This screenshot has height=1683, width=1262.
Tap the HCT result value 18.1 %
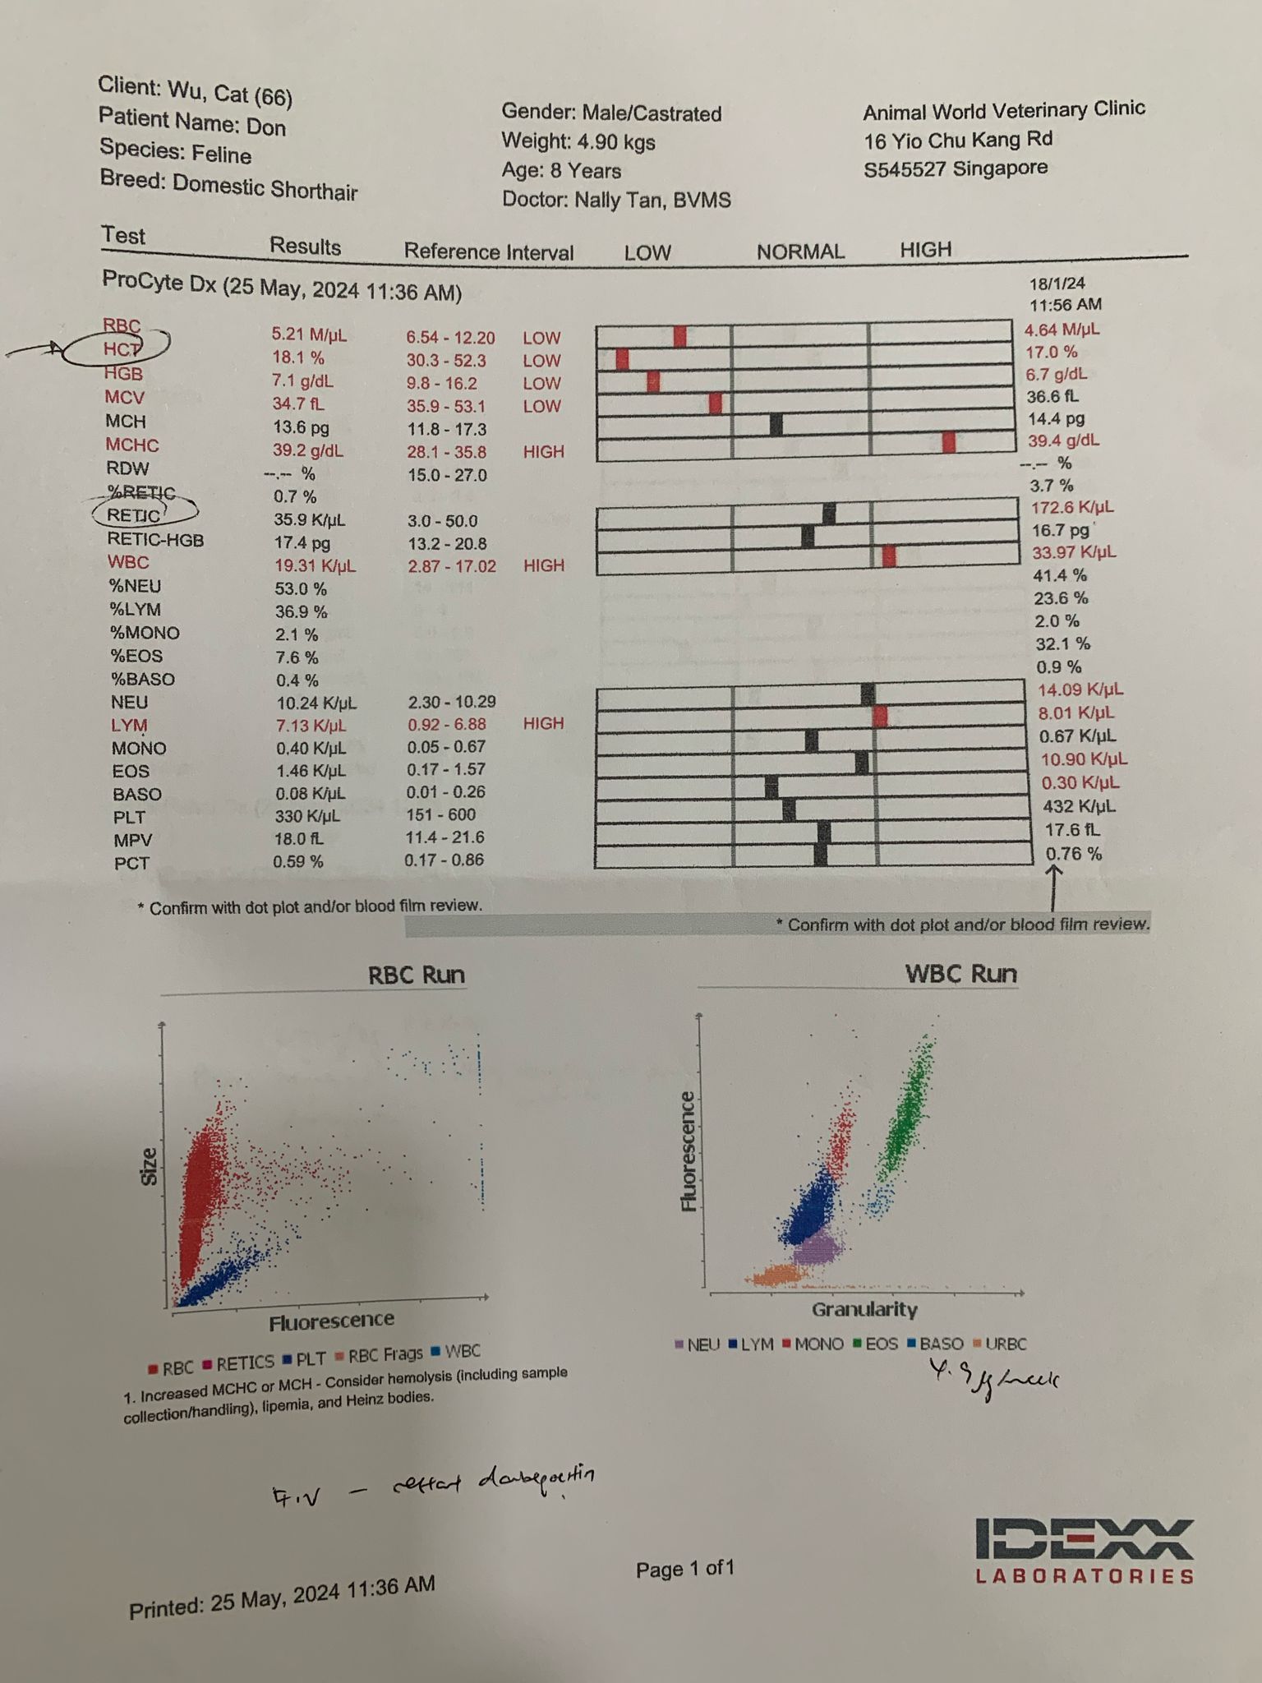click(x=298, y=357)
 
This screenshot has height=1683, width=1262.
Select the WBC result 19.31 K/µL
click(x=315, y=566)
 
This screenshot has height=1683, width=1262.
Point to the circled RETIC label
click(x=134, y=515)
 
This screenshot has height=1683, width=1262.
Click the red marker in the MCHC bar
click(x=949, y=442)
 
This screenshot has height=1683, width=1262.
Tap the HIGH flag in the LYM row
click(x=544, y=723)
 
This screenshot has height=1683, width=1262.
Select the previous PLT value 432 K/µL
click(x=1079, y=806)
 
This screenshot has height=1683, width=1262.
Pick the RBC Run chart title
click(x=417, y=975)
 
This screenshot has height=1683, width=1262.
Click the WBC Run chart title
click(x=960, y=974)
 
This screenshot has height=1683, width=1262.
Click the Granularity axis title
click(x=864, y=1309)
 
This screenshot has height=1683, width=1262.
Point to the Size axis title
click(x=150, y=1167)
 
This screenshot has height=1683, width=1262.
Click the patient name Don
click(x=266, y=127)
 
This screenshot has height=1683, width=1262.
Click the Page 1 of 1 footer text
click(x=685, y=1570)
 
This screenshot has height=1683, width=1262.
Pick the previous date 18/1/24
click(x=1057, y=284)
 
